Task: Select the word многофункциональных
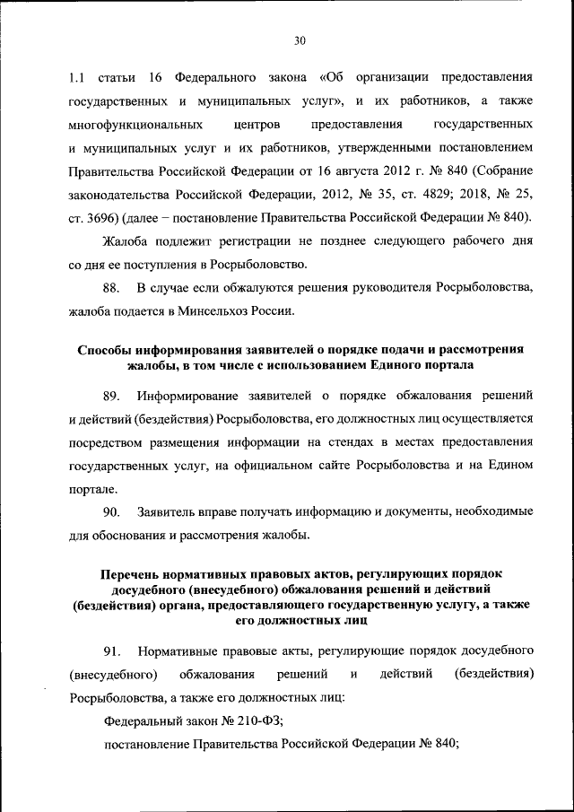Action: (x=130, y=123)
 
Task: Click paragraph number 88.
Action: (x=112, y=287)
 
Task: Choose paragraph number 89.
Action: (x=112, y=395)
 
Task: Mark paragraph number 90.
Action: (x=112, y=511)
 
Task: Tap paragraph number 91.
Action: (x=111, y=650)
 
